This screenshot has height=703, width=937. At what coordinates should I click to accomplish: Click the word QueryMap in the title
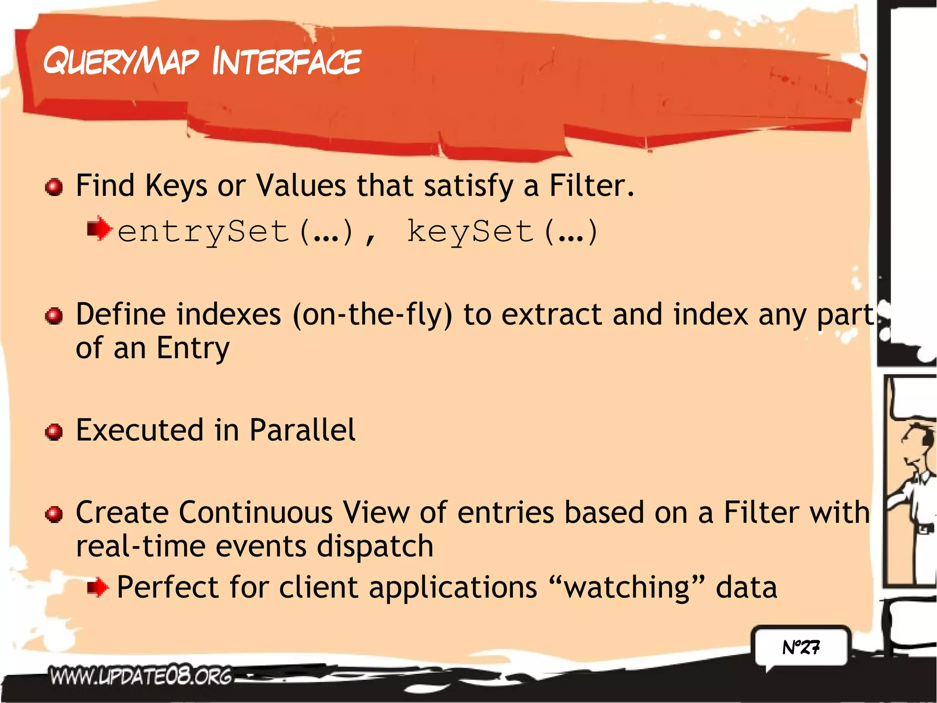[121, 62]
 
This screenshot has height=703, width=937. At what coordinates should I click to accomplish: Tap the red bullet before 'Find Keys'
[54, 187]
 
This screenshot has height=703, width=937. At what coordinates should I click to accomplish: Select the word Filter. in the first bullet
[591, 186]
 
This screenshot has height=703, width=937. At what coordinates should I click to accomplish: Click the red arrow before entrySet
[99, 228]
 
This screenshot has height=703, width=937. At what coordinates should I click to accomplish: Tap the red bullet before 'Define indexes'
[54, 316]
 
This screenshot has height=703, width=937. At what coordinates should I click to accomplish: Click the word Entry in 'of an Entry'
[193, 349]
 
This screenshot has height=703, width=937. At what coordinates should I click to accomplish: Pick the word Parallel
[302, 430]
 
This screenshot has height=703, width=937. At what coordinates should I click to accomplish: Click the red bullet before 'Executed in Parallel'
[54, 432]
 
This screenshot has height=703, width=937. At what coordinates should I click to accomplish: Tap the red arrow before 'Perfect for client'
[98, 587]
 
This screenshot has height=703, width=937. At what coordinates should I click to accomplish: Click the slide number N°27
[801, 647]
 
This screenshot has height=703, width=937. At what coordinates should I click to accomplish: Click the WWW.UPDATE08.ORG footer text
[141, 676]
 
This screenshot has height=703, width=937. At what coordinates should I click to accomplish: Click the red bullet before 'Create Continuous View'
[54, 514]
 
